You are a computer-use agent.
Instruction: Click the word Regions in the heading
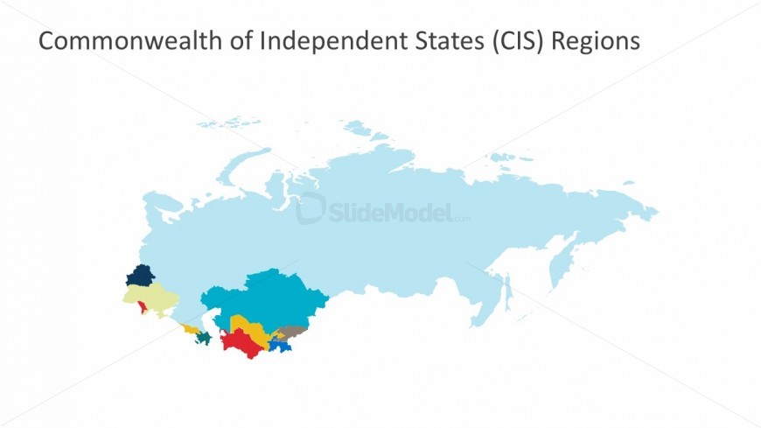[x=595, y=41]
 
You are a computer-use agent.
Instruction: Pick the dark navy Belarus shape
[x=140, y=277]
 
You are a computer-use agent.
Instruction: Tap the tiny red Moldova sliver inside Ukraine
[x=142, y=307]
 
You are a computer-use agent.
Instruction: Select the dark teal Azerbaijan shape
[x=205, y=337]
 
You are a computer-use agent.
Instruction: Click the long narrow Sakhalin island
[x=506, y=290]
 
